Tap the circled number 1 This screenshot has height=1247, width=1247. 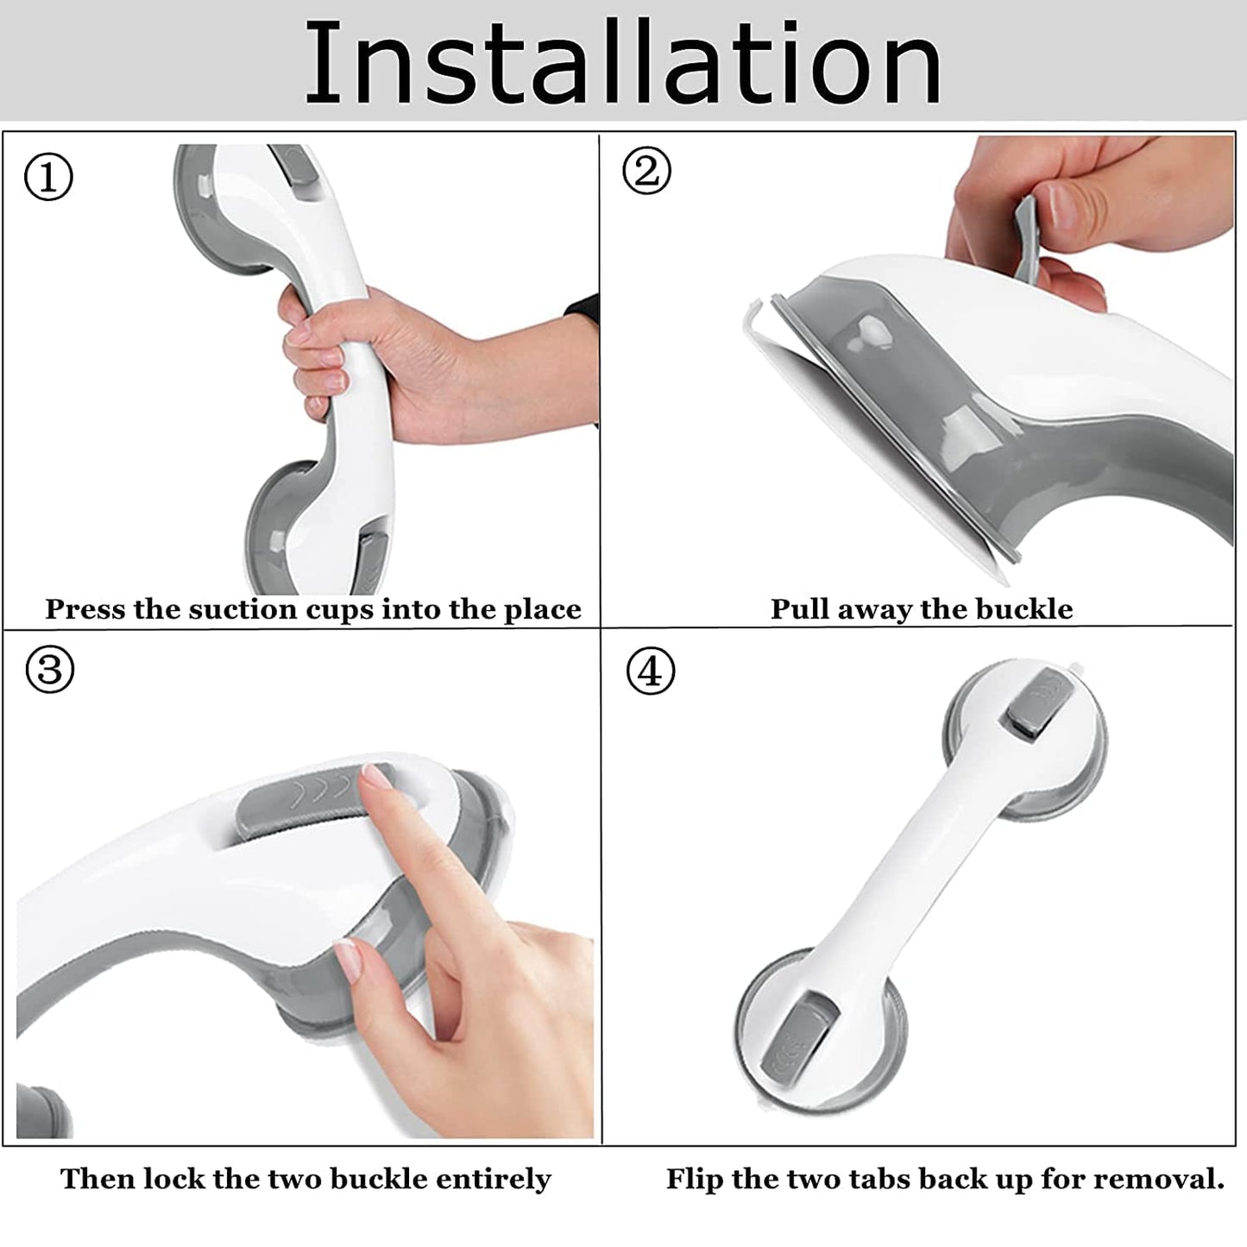point(48,178)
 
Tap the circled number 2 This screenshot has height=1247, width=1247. point(646,170)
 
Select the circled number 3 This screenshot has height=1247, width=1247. point(49,670)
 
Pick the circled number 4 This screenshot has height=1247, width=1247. point(650,671)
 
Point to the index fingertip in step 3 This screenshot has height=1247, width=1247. point(374,778)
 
